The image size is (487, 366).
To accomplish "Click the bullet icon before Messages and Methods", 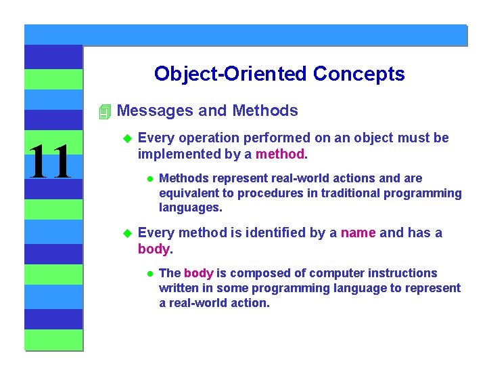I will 103,111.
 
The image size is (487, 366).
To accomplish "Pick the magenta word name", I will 358,233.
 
